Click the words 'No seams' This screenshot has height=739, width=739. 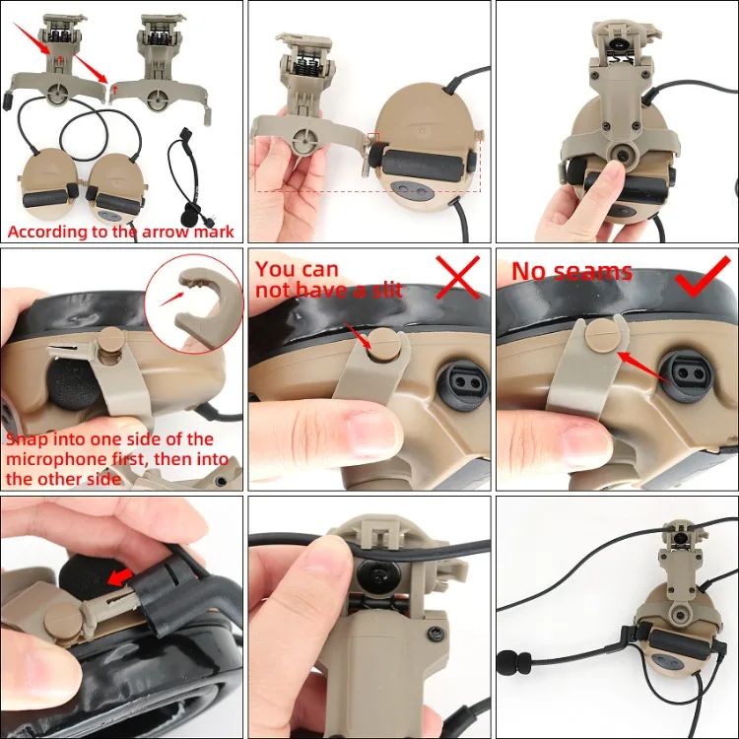coord(571,271)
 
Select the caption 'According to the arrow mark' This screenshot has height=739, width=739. coord(121,232)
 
